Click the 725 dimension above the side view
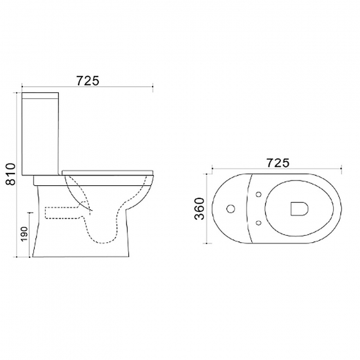tap(88, 81)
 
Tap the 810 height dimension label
tap(10, 174)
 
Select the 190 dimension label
tap(24, 234)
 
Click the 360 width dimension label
tap(199, 208)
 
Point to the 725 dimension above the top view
tap(278, 163)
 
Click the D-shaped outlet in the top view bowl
tap(299, 209)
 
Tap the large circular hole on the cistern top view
tap(230, 209)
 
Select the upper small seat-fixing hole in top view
tap(259, 194)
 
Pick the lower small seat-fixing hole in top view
tap(259, 223)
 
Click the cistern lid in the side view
tap(40, 96)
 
